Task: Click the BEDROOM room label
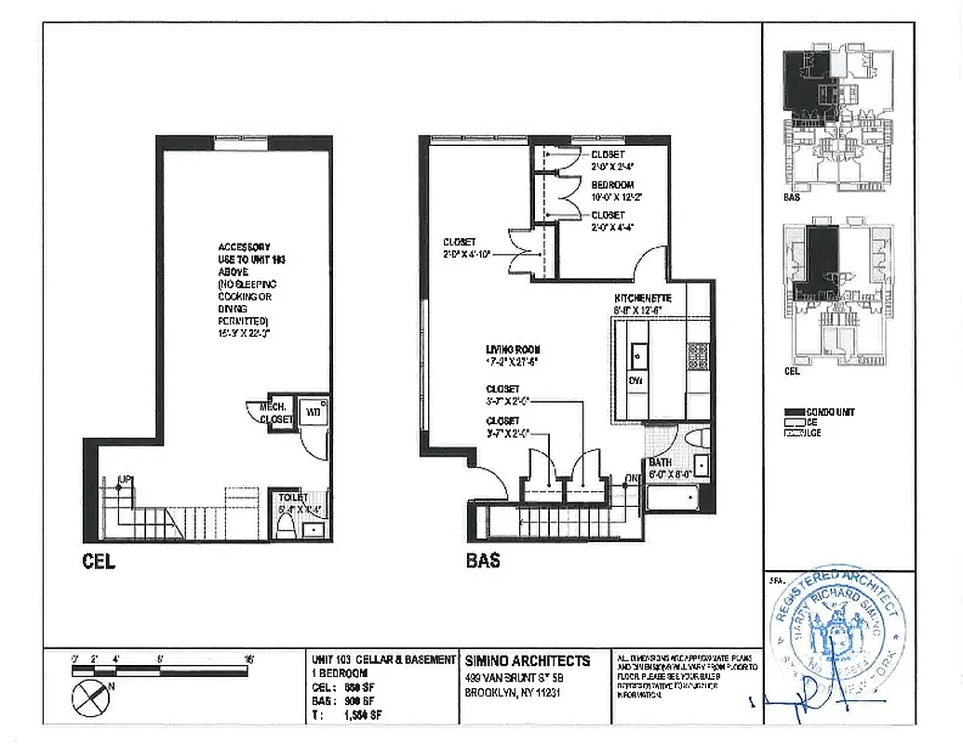tap(612, 185)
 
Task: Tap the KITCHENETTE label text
tap(630, 298)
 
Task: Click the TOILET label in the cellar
tap(293, 498)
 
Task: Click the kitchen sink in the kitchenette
tap(638, 354)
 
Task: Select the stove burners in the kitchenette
tap(696, 352)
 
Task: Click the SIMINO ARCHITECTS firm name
tap(527, 660)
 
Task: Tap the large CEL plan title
tap(98, 562)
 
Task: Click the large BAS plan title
tap(483, 561)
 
